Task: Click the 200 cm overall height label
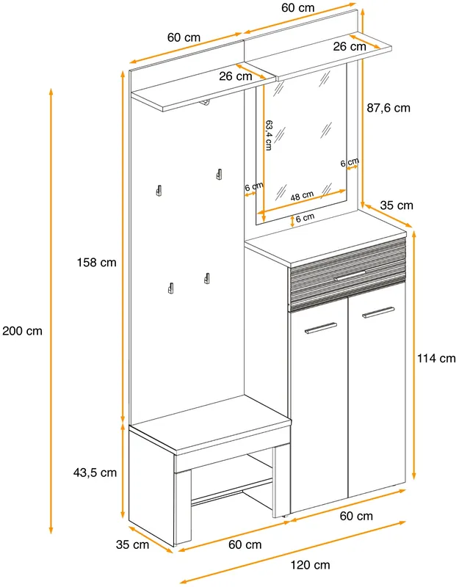tap(22, 331)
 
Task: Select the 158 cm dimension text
tap(97, 263)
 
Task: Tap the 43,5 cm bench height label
tap(95, 473)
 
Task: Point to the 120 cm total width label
tap(310, 565)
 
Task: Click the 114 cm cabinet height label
tap(436, 358)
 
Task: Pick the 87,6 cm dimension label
tap(388, 108)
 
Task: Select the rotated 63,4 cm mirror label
tap(268, 135)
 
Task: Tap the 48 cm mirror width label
tap(302, 196)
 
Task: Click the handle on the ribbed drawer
tap(350, 275)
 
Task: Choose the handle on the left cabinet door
tap(321, 328)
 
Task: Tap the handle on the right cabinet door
tap(378, 313)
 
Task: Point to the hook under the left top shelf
tap(205, 103)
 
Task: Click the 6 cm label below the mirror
tap(305, 218)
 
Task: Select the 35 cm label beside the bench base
tap(132, 544)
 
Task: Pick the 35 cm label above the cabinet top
tap(397, 205)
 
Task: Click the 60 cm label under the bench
tap(245, 544)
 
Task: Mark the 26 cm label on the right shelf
tap(350, 46)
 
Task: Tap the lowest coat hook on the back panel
tap(170, 288)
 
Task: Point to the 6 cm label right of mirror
tap(350, 162)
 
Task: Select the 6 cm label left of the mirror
tap(254, 186)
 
